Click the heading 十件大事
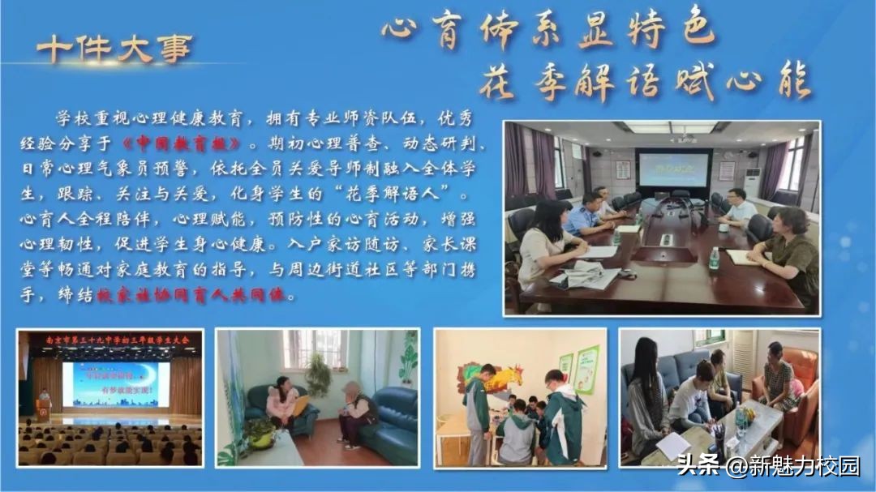point(114,49)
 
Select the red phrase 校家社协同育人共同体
point(191,297)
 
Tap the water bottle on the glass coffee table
point(740,421)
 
